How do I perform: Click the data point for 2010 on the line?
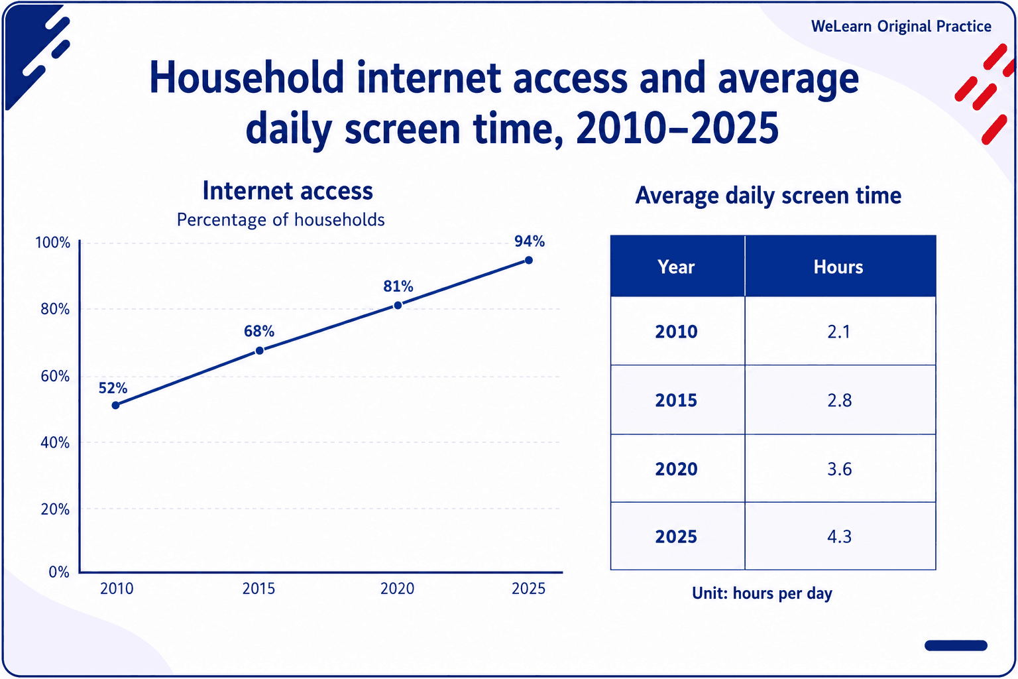115,405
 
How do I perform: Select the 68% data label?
259,331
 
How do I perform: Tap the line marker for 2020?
398,305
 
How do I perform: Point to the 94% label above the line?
530,241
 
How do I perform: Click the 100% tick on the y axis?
53,243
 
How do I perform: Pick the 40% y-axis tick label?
55,442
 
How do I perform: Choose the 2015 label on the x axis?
258,589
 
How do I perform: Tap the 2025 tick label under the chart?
528,589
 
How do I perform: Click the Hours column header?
838,267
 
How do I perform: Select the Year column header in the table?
676,267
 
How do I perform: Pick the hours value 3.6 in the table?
839,469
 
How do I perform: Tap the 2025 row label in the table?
676,536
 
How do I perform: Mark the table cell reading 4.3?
839,536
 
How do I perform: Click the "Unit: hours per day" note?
762,593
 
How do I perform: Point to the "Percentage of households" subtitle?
280,219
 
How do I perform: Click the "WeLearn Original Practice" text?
901,27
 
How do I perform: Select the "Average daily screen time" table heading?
768,196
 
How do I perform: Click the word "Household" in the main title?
247,78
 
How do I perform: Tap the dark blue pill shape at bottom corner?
956,645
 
